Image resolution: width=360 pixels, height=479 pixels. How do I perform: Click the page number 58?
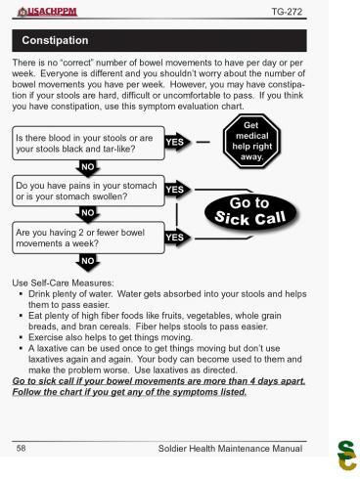click(x=20, y=448)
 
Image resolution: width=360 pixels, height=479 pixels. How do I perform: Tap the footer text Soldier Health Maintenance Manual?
click(x=232, y=448)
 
